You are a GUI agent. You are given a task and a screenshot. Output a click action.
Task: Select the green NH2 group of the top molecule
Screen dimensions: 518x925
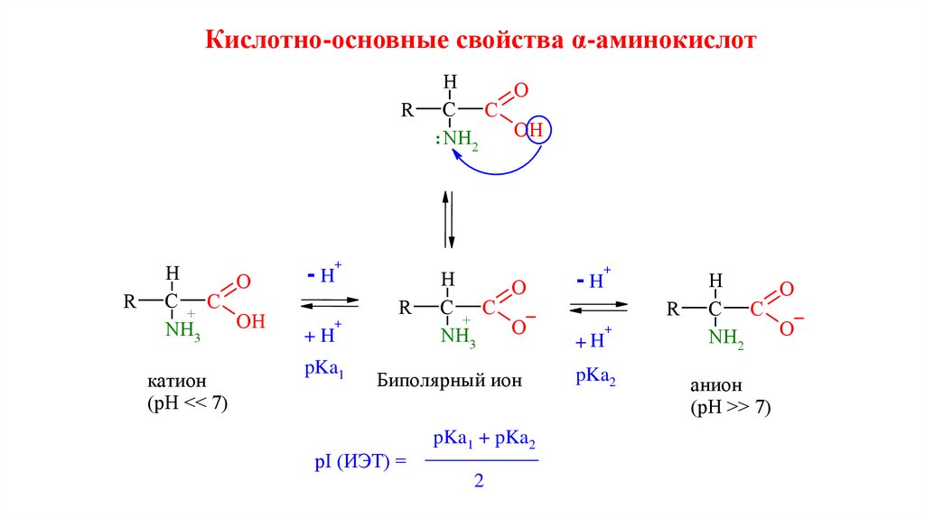pos(460,140)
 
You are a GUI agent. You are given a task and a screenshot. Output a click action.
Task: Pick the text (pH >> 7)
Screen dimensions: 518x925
pos(731,408)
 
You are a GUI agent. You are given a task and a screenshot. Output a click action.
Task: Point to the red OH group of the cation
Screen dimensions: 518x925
pos(250,320)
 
